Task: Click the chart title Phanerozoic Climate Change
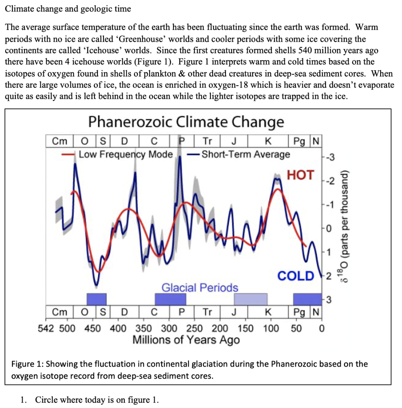(x=186, y=122)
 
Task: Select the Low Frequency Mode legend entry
(x=125, y=154)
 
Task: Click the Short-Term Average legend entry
(x=245, y=154)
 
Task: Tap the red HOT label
(x=300, y=175)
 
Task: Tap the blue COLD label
(x=296, y=276)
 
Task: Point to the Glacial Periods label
(x=200, y=287)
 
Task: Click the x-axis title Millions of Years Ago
(x=186, y=340)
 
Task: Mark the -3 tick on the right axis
(x=330, y=161)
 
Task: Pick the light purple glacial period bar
(x=251, y=299)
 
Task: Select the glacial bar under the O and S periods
(x=97, y=299)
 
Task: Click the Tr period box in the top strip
(x=207, y=141)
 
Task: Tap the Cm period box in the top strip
(x=60, y=141)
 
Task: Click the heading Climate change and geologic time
(x=68, y=8)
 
